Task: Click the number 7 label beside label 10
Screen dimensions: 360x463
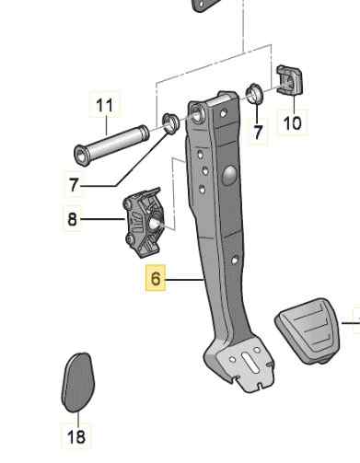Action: (258, 133)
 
